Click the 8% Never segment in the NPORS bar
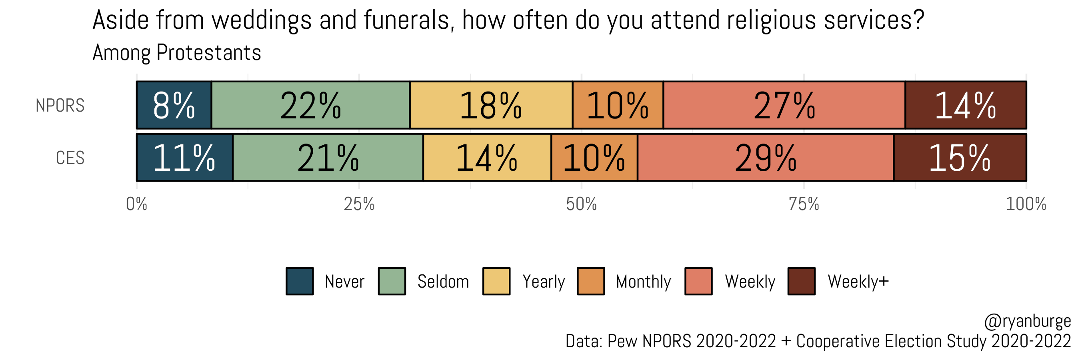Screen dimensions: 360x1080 (174, 105)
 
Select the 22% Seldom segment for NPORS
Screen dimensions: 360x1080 (310, 105)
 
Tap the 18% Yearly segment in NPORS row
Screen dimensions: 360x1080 (490, 105)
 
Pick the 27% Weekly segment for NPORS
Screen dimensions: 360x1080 (784, 105)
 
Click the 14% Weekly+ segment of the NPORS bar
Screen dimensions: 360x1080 (965, 105)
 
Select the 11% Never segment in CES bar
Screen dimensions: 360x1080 (184, 158)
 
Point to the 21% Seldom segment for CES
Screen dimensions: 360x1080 (328, 158)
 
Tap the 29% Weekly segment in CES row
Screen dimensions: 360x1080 (765, 158)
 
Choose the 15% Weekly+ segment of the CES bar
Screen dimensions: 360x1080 (959, 158)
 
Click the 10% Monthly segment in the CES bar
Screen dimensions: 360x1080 (594, 158)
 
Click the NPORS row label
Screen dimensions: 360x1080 (60, 106)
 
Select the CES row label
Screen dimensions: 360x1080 (70, 158)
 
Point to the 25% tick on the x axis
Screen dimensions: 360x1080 (359, 204)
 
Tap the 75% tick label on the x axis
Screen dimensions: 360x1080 (803, 204)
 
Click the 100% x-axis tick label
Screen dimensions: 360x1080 (1026, 204)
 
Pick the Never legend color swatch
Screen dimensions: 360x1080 (299, 281)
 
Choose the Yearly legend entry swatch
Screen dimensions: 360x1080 (496, 281)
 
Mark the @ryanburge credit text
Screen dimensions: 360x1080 (1027, 322)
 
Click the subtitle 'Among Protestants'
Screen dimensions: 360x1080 (176, 53)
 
